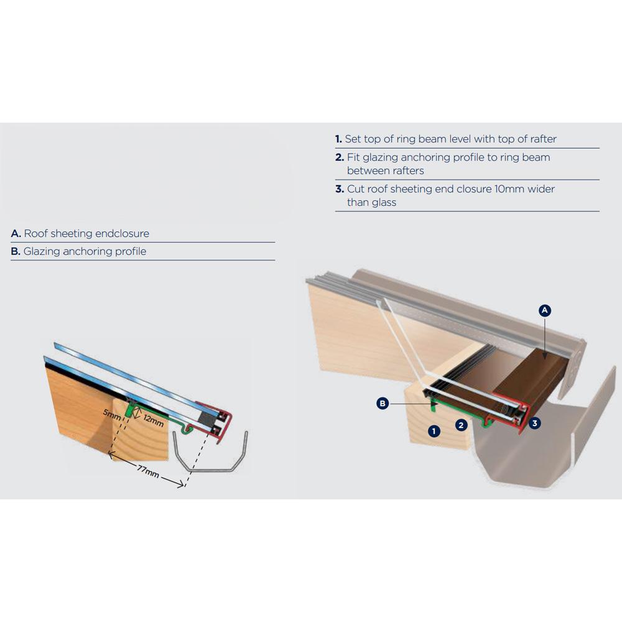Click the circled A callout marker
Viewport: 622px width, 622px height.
click(545, 310)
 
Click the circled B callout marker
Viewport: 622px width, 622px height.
click(383, 404)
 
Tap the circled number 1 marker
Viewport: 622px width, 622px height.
click(434, 431)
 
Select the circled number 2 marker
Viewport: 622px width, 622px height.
click(461, 425)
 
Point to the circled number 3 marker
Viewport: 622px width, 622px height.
click(534, 423)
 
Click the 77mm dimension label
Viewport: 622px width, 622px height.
click(148, 471)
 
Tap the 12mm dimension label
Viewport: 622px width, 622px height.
click(154, 420)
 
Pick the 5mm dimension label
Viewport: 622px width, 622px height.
click(112, 414)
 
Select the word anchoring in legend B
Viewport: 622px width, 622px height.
click(87, 251)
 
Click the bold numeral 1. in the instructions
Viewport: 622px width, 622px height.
click(338, 139)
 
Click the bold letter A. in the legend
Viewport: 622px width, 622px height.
click(16, 233)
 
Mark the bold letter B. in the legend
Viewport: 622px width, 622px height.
click(16, 251)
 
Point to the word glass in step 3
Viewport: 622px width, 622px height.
click(384, 203)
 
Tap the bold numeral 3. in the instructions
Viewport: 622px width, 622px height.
click(340, 189)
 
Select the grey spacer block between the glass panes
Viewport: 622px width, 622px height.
click(205, 417)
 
